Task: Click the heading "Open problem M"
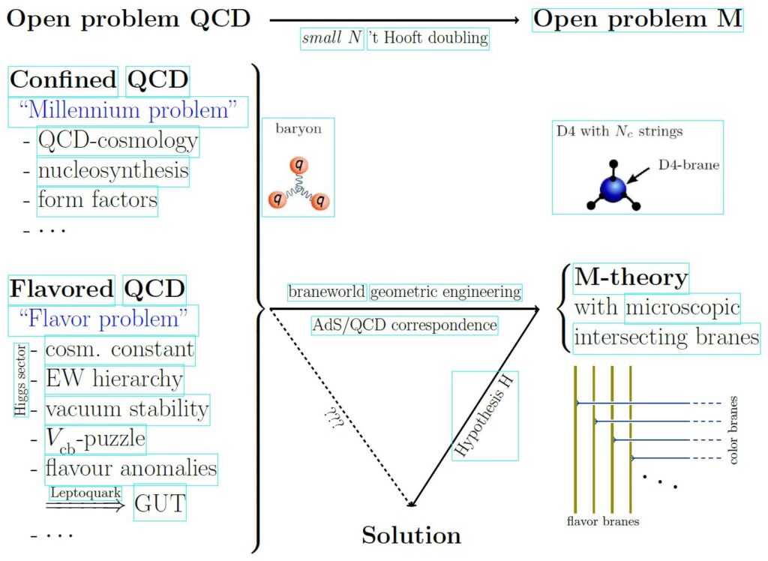pyautogui.click(x=637, y=19)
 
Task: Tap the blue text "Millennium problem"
pyautogui.click(x=127, y=111)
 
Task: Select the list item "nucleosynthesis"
pyautogui.click(x=113, y=172)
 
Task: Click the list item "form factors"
pyautogui.click(x=97, y=200)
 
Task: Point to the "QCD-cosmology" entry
pyautogui.click(x=118, y=141)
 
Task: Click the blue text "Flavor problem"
pyautogui.click(x=103, y=319)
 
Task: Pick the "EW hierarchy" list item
pyautogui.click(x=113, y=379)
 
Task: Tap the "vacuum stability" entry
pyautogui.click(x=126, y=409)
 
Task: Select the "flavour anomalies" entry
pyautogui.click(x=130, y=469)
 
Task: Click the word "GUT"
pyautogui.click(x=159, y=503)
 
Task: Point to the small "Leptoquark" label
pyautogui.click(x=85, y=493)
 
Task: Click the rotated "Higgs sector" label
pyautogui.click(x=20, y=380)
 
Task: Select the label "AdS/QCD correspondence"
pyautogui.click(x=404, y=325)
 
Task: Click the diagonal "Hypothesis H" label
pyautogui.click(x=484, y=416)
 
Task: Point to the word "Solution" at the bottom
pyautogui.click(x=411, y=535)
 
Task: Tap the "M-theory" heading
pyautogui.click(x=631, y=278)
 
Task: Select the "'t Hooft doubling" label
pyautogui.click(x=428, y=37)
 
